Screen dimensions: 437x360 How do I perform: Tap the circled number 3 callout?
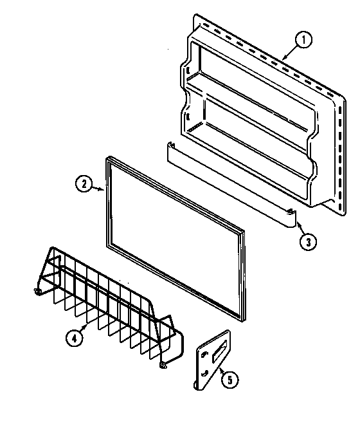[307, 241]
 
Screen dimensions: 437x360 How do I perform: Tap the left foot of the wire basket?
[39, 293]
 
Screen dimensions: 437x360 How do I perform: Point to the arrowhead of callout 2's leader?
[105, 189]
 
